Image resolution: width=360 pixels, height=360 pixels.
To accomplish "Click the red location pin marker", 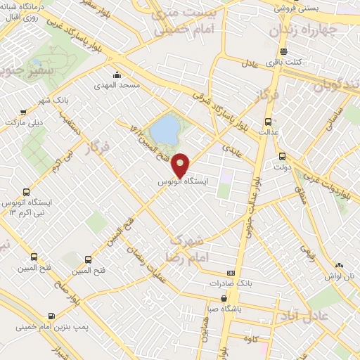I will point(181,164).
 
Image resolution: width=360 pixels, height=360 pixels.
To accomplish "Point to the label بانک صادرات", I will point(229,283).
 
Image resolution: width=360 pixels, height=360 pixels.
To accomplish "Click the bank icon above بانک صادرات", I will point(230,273).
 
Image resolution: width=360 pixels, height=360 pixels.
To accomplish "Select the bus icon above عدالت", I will point(266,120).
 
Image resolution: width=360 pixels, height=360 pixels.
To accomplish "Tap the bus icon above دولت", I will point(282,157).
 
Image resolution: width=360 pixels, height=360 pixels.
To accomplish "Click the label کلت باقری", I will point(287,62).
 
